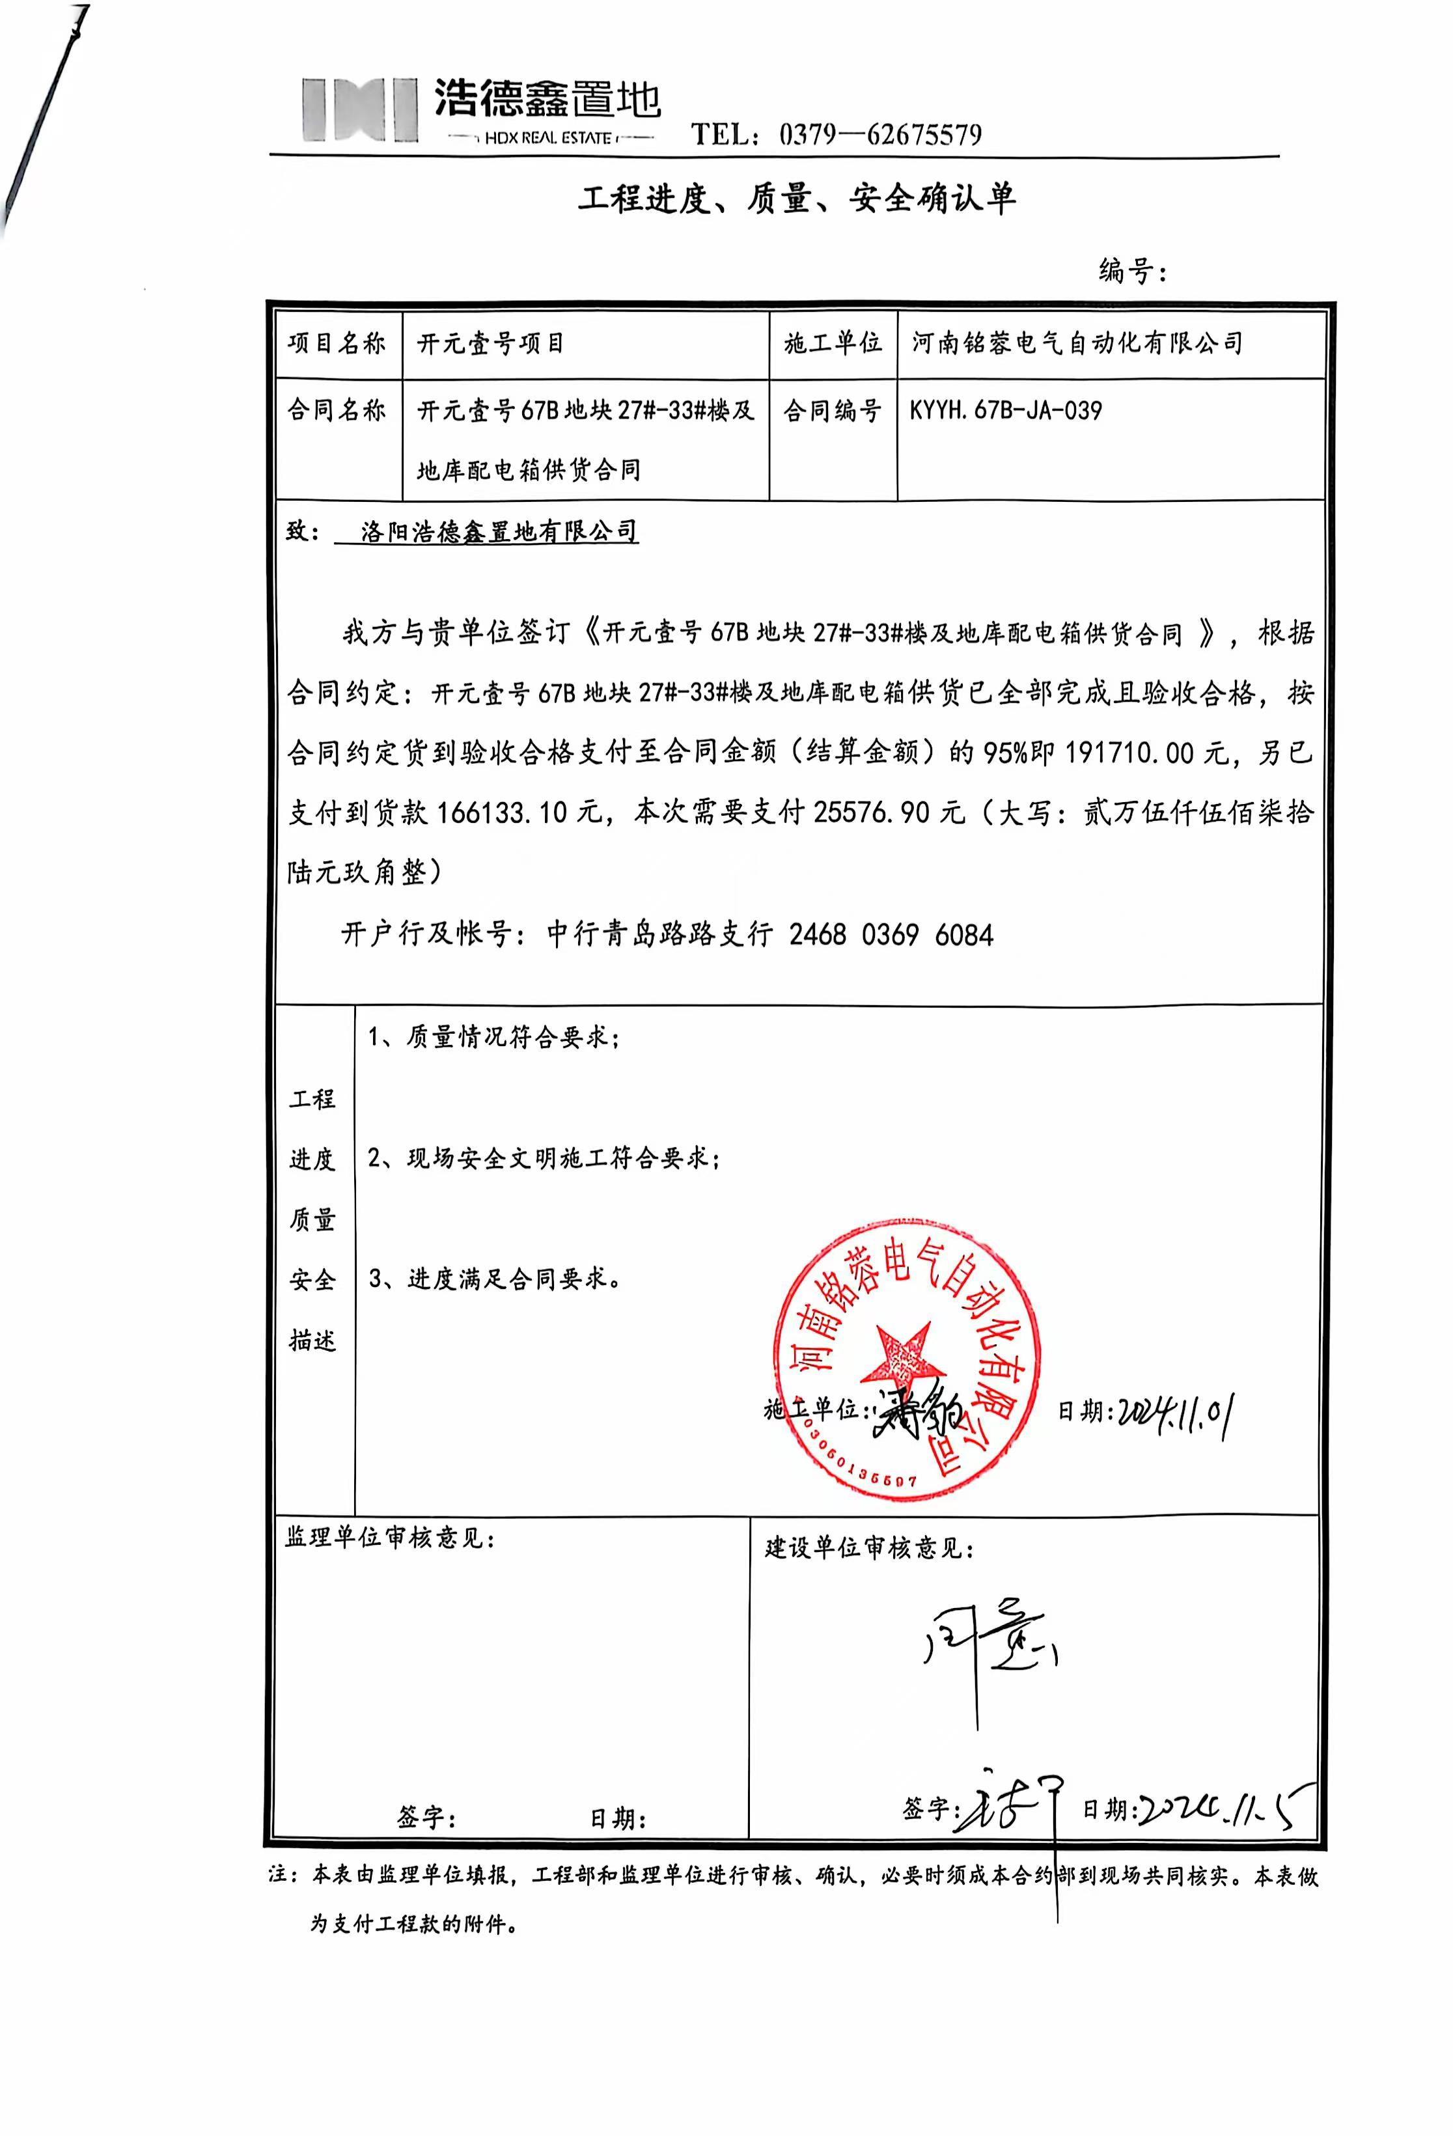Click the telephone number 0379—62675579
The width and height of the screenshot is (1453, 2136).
(879, 135)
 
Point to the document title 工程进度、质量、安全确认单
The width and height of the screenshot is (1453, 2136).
(797, 198)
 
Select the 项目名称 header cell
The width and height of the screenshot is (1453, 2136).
(337, 344)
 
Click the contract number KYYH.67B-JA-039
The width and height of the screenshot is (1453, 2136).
(1005, 410)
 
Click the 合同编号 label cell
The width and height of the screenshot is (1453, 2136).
(832, 410)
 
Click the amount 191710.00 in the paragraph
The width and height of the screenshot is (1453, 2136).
(1135, 753)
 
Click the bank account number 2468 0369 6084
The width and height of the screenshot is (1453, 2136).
(891, 935)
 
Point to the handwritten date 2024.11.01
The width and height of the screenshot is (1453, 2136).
(1174, 1410)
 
